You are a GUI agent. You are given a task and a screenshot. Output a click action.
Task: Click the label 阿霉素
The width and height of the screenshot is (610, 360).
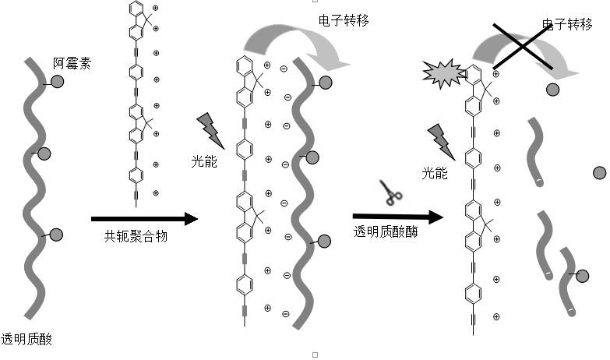[x=72, y=63]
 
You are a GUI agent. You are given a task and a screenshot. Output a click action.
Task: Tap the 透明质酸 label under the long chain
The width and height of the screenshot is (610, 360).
[x=27, y=338]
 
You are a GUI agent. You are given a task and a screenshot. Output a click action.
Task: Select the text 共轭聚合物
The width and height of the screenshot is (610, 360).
[x=136, y=236]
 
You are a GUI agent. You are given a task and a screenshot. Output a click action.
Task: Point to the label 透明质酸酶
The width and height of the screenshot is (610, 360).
[x=386, y=231]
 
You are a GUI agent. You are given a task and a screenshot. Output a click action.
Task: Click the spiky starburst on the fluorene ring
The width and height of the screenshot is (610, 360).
[x=442, y=73]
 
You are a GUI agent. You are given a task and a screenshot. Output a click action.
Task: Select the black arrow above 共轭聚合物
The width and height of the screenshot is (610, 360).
[x=144, y=219]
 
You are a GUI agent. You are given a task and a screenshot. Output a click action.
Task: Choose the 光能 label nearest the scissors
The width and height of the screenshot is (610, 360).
[x=435, y=173]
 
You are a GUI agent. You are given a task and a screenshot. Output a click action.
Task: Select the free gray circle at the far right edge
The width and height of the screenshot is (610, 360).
[x=599, y=173]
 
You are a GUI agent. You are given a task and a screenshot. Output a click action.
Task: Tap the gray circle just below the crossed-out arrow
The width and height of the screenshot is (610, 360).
[x=552, y=90]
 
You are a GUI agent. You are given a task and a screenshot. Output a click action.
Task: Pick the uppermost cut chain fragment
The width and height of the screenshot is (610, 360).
[x=538, y=153]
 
